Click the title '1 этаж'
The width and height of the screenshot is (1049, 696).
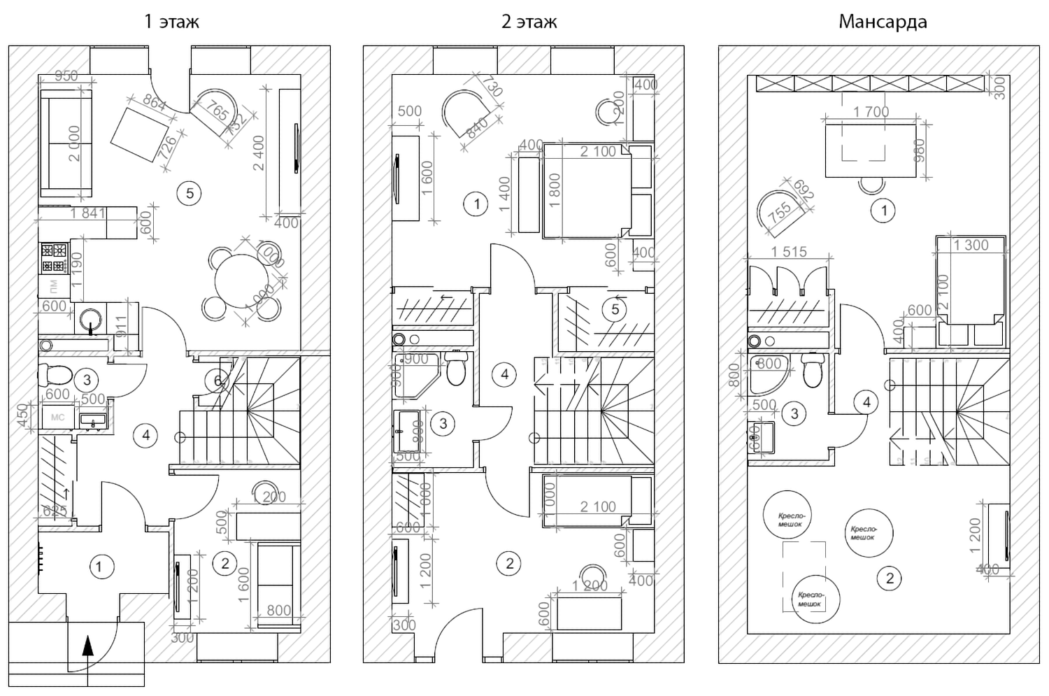(171, 22)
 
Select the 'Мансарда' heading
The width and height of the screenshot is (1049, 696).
(883, 22)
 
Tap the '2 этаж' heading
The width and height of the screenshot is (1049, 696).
(529, 22)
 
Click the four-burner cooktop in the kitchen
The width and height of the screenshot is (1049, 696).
(54, 257)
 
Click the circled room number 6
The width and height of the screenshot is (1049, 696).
(217, 381)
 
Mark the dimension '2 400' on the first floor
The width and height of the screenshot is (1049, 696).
(259, 152)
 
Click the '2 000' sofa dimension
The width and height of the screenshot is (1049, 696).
(73, 143)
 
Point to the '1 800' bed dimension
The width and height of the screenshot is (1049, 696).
(555, 191)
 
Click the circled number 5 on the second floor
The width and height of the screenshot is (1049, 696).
(615, 309)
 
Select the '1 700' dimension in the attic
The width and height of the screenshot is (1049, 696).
(871, 112)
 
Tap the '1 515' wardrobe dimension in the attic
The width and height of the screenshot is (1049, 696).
(789, 252)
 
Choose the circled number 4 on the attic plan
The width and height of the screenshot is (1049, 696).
(866, 402)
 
